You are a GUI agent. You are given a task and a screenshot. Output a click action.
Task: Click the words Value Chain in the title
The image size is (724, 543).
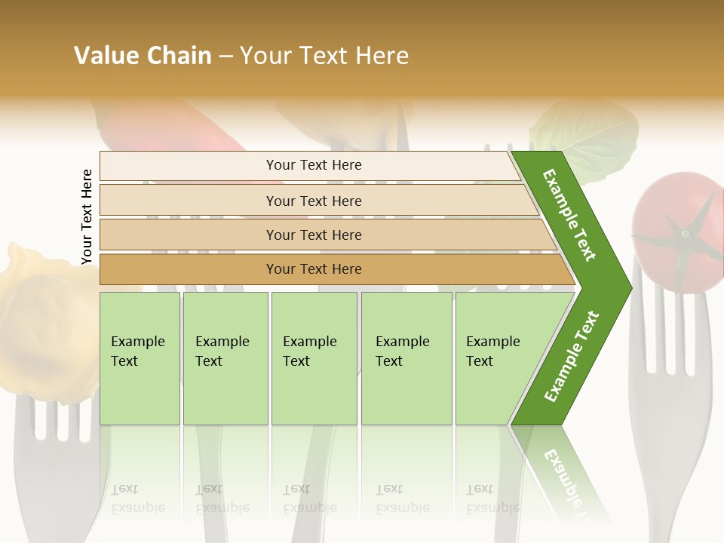pyautogui.click(x=143, y=56)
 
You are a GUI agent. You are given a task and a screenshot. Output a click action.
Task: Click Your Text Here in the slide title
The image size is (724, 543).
pyautogui.click(x=324, y=56)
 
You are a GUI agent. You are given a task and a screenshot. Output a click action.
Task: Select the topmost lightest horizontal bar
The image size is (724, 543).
pyautogui.click(x=313, y=165)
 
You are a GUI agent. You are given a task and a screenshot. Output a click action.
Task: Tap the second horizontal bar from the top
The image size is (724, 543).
pyautogui.click(x=313, y=201)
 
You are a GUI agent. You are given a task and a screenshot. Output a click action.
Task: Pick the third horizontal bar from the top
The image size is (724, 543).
pyautogui.click(x=313, y=235)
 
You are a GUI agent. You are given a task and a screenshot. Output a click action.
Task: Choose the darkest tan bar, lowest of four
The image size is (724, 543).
pyautogui.click(x=313, y=269)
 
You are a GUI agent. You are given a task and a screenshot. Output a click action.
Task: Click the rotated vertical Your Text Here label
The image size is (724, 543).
pyautogui.click(x=87, y=216)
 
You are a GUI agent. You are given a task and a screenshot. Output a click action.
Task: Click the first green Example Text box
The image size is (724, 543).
pyautogui.click(x=140, y=357)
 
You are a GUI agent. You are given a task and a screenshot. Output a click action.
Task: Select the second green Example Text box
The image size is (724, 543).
pyautogui.click(x=225, y=357)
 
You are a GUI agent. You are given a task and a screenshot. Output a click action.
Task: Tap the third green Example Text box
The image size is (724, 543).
pyautogui.click(x=314, y=357)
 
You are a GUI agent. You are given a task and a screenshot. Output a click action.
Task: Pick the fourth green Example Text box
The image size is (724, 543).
pyautogui.click(x=406, y=357)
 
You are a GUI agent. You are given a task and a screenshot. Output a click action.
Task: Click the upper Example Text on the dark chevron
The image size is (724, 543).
pyautogui.click(x=569, y=215)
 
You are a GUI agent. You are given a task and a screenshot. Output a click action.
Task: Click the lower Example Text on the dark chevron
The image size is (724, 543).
pyautogui.click(x=571, y=357)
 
